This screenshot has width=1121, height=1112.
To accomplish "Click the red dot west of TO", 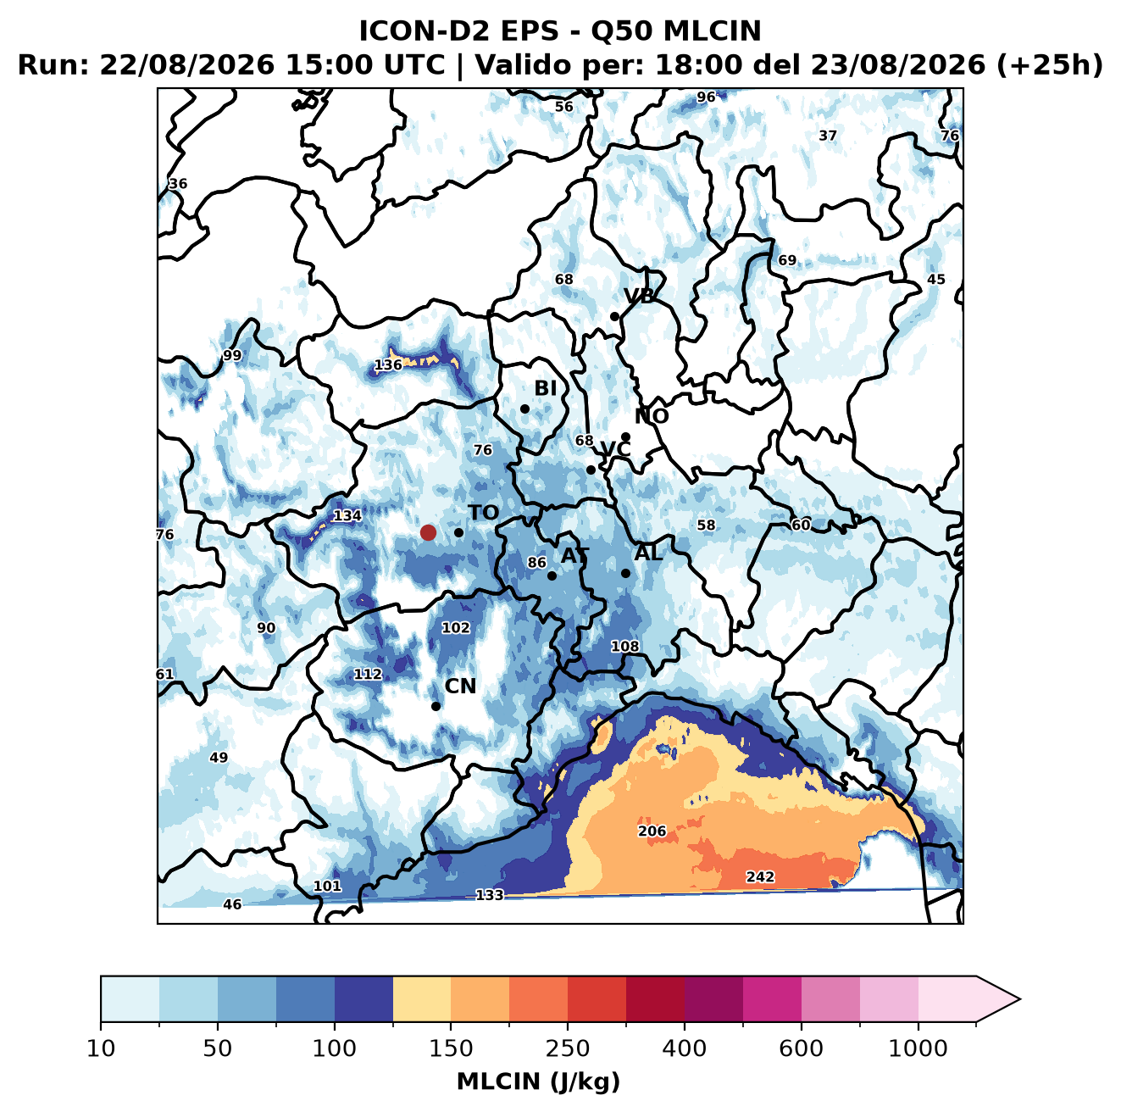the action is tap(428, 532).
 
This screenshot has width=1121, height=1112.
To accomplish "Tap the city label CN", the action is tap(460, 686).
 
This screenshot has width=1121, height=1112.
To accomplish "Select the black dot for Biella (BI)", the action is tap(524, 409).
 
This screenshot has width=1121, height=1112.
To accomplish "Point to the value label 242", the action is tap(760, 876).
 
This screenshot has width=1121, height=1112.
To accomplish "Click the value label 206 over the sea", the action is tap(652, 831).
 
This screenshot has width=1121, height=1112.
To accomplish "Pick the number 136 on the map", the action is tap(388, 364).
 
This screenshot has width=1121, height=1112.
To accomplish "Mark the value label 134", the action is tap(347, 515).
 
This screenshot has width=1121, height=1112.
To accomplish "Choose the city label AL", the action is tap(648, 553).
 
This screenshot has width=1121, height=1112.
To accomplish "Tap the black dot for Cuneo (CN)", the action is tap(436, 706).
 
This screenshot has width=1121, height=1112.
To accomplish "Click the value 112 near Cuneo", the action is tap(368, 674).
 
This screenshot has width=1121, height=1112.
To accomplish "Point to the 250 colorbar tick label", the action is tap(567, 1048).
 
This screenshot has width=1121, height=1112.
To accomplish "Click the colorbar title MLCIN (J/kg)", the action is tap(538, 1081).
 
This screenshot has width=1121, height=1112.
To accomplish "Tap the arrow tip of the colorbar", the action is tap(1020, 999).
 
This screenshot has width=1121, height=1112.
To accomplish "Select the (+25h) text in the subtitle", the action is tap(1049, 65).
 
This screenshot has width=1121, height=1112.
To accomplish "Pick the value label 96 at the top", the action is tap(706, 97).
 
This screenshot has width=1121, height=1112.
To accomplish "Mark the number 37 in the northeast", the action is tap(827, 136).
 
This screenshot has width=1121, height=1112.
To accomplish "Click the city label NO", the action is tap(651, 416).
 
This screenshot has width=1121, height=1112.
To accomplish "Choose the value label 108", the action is tap(624, 646).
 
